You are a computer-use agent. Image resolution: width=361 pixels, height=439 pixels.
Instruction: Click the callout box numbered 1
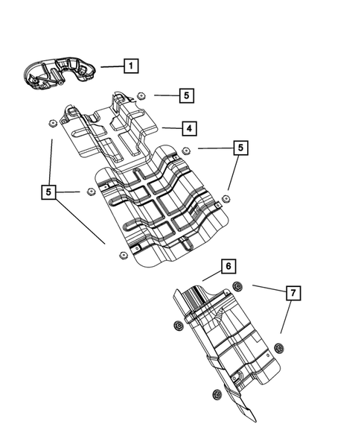(130, 66)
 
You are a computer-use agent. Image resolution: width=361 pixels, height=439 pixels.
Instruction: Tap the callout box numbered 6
(228, 266)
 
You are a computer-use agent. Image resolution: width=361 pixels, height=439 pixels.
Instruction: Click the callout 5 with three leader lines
(50, 192)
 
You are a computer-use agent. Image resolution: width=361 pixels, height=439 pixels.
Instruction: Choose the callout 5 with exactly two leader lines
(239, 148)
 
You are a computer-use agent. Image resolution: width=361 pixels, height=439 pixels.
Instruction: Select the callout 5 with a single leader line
(186, 95)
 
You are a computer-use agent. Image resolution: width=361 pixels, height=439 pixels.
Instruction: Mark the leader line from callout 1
(112, 66)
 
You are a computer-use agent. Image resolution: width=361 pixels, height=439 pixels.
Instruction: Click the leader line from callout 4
(171, 128)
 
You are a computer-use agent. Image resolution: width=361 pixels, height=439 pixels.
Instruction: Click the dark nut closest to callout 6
(237, 287)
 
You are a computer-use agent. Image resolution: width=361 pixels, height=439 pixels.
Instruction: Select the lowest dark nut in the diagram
(217, 394)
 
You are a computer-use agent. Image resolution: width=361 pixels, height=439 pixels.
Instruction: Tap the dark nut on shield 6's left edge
(179, 326)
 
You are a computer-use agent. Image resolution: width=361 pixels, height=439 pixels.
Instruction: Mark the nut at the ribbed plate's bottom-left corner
(120, 256)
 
